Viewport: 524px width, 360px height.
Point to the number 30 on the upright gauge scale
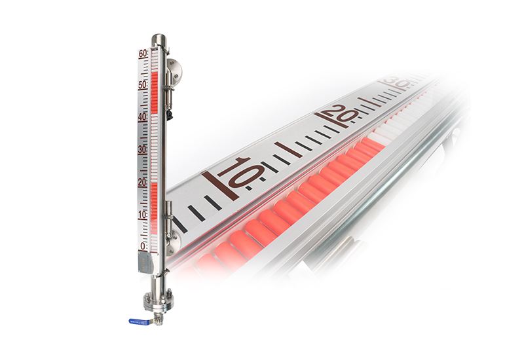(x=143, y=150)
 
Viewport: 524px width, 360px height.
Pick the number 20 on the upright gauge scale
(x=143, y=182)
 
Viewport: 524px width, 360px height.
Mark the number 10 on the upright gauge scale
(x=143, y=215)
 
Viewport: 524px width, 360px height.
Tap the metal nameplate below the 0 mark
(x=145, y=264)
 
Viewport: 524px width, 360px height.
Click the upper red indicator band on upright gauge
(x=155, y=92)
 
